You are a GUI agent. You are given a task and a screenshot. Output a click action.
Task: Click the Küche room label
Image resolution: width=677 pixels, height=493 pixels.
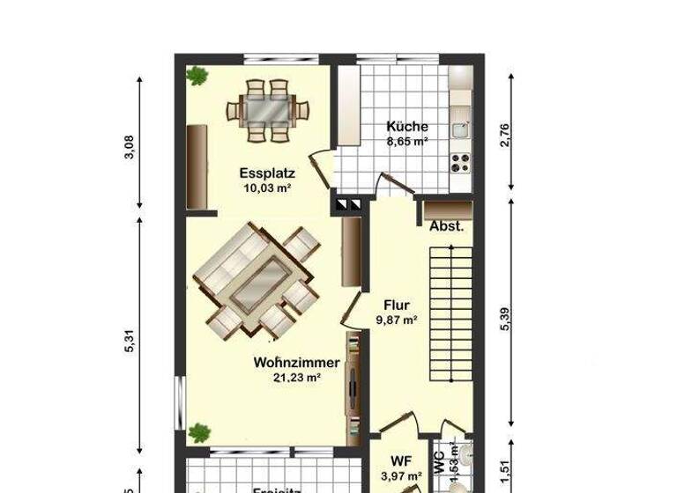point(407,126)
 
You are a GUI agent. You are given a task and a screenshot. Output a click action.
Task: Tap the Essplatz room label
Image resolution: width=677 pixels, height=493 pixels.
point(266,173)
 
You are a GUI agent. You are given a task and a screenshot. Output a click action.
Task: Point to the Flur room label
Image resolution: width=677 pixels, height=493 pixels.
point(397,306)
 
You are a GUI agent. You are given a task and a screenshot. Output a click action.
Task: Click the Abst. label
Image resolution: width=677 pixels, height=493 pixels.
point(446,226)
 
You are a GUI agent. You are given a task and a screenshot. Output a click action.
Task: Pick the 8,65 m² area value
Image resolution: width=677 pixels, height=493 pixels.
point(407,141)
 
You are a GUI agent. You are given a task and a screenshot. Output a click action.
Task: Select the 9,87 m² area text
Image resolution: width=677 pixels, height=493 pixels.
point(397,321)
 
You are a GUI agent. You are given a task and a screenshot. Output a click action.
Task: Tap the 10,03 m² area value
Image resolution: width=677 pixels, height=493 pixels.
point(266,188)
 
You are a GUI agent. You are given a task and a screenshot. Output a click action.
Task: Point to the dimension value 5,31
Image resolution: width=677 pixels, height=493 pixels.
point(130,341)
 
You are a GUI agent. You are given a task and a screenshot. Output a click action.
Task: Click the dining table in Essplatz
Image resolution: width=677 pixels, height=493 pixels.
point(269,110)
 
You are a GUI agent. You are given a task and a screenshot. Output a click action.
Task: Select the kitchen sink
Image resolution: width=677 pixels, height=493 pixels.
point(459,129)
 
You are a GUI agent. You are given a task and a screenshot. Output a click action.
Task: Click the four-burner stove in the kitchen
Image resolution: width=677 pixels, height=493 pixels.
point(460,161)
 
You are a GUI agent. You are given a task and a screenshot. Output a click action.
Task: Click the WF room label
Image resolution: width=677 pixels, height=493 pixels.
point(401,460)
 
